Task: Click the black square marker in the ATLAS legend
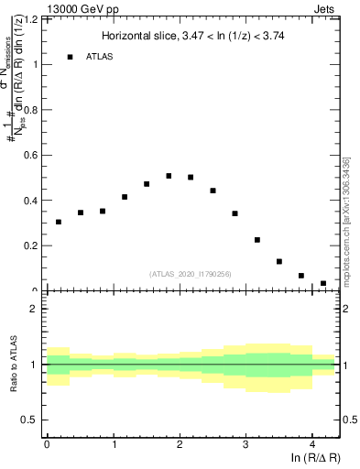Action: click(70, 57)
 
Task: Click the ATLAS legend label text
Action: click(100, 57)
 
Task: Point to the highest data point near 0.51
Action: click(169, 176)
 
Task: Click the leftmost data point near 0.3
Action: click(59, 222)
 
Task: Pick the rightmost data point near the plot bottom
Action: click(323, 283)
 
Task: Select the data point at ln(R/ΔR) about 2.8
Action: click(235, 213)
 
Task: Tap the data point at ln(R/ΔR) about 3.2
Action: click(257, 240)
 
